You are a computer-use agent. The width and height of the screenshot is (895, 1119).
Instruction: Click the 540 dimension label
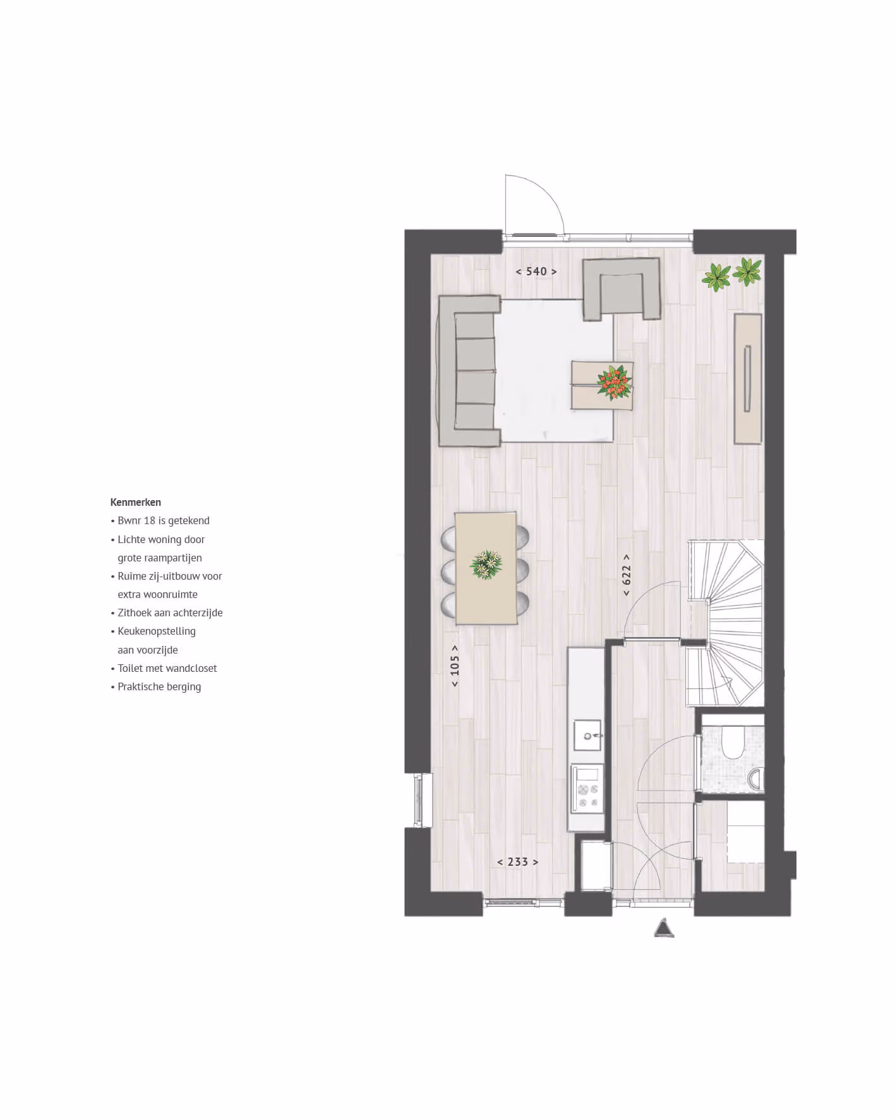[x=536, y=272]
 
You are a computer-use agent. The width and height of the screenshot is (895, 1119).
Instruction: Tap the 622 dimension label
[x=627, y=575]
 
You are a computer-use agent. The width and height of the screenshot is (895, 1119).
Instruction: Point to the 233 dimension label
[x=518, y=862]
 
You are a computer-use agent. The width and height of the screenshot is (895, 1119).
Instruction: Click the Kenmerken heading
[x=135, y=503]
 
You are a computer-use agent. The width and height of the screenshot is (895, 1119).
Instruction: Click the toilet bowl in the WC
[x=733, y=743]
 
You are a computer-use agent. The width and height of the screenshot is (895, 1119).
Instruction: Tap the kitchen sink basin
[x=587, y=736]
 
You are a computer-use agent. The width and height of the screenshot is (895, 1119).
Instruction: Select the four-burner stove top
[x=587, y=789]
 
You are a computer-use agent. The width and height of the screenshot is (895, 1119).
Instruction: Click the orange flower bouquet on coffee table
[x=614, y=382]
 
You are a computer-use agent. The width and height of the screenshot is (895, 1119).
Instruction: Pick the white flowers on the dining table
[x=486, y=564]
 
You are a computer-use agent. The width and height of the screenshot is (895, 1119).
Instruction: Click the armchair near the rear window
[x=622, y=289]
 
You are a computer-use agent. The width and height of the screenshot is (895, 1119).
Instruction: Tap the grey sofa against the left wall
[x=468, y=371]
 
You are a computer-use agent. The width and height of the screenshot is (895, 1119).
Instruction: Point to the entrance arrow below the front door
[x=664, y=928]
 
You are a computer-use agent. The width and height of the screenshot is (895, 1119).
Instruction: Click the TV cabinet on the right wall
[x=748, y=379]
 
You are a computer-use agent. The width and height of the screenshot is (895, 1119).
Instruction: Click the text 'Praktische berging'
[x=159, y=687]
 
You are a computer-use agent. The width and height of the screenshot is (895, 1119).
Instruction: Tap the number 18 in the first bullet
[x=150, y=521]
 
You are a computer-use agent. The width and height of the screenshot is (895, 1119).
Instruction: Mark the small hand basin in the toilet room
[x=756, y=779]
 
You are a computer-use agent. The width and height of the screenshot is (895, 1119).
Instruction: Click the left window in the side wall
[x=418, y=800]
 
